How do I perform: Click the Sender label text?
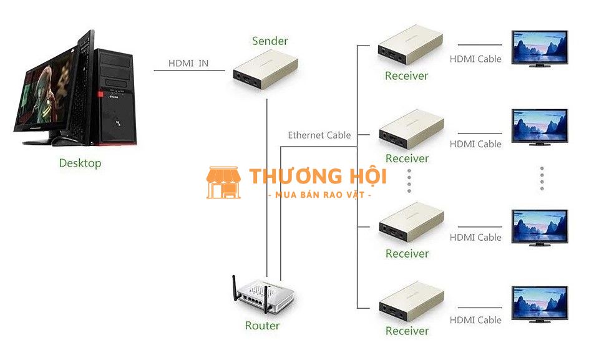270,41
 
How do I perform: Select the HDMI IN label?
188,63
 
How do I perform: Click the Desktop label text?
80,163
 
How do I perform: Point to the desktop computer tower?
115,97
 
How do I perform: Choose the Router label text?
262,326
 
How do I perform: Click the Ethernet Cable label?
319,135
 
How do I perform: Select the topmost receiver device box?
411,44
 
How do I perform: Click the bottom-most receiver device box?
411,303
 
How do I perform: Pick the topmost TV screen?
539,49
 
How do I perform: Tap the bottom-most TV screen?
539,304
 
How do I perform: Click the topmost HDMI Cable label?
475,59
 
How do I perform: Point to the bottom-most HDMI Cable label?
475,320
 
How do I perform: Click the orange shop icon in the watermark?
223,183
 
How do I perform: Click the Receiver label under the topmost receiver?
406,76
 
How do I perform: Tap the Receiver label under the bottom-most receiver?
407,331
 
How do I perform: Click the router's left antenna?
235,288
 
